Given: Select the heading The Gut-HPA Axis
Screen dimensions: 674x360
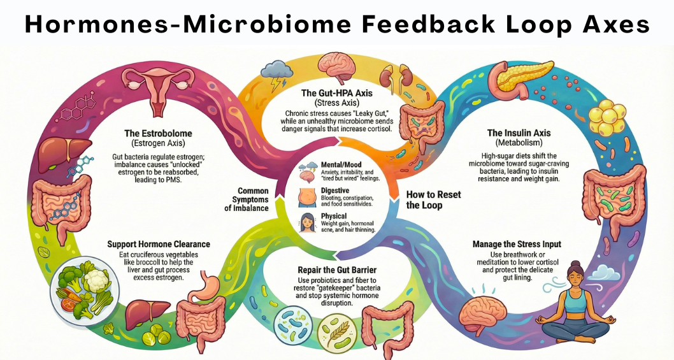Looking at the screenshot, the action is [x=336, y=93].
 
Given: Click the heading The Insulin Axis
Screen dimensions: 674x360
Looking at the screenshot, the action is [x=519, y=133].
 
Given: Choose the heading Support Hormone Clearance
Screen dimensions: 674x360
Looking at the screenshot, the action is [x=159, y=244].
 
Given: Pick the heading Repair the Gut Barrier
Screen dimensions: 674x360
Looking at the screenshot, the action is [x=337, y=270].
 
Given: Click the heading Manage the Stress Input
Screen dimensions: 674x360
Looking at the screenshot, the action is [x=517, y=244].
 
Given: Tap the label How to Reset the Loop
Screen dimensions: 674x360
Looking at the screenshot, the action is [x=433, y=200].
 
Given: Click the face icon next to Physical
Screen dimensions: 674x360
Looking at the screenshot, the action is [x=308, y=223].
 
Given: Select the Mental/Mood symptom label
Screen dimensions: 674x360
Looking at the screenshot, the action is [x=341, y=164].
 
